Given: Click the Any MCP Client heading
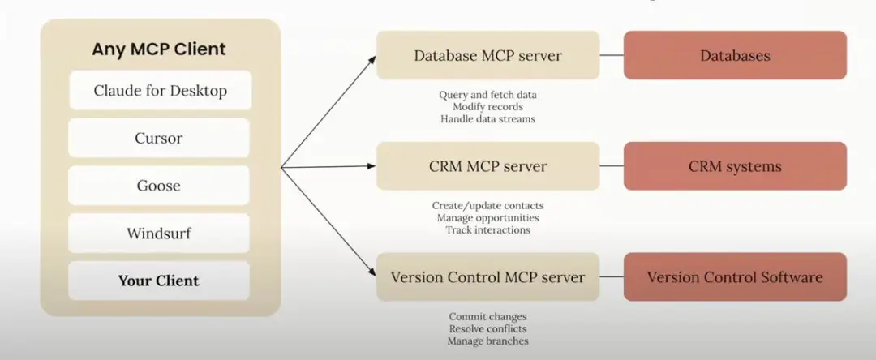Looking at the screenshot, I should pos(159,49).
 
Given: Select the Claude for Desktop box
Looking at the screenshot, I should pos(160,90).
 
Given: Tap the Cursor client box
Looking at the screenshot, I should pos(159,138).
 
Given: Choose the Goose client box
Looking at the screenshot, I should pos(159,186).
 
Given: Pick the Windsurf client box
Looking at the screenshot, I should pos(159,234).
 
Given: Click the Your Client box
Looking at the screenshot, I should pos(159,281).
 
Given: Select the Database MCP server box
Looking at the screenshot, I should pos(487,55).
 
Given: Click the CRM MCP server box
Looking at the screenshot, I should pos(487,166).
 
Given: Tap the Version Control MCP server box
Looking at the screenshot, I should pos(487,277).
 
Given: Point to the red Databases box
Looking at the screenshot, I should pos(735,55).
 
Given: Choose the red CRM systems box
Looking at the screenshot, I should pos(735,166).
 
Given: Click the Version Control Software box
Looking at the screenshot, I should pos(735,277).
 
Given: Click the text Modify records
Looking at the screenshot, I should pos(487,107).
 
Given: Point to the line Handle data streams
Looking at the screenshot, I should pos(487,119).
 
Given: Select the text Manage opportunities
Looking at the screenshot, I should pos(487,218).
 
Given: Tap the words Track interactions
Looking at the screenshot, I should pos(487,230).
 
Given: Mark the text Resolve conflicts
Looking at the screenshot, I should pos(487,329).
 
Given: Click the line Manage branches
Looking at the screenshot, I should pos(487,341).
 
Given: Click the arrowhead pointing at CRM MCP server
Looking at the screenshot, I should pos(373,168).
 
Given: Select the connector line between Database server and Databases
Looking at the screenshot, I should pos(612,55).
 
